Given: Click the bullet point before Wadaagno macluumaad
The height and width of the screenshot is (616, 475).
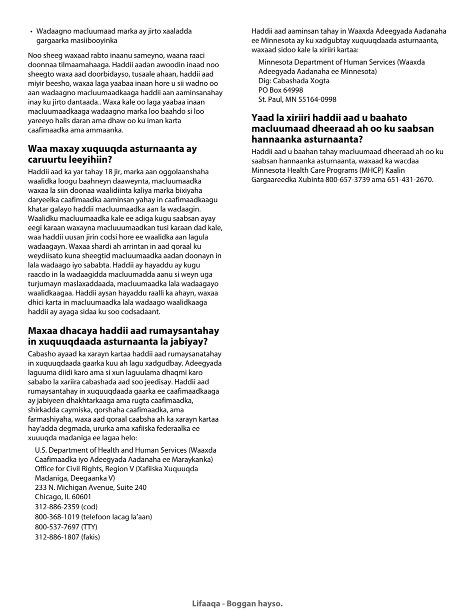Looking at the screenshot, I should tap(31, 32).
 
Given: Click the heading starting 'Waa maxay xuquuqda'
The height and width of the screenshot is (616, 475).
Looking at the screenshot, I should tap(112, 154).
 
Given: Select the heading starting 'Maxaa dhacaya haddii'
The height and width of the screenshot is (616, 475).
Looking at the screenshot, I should tap(123, 337).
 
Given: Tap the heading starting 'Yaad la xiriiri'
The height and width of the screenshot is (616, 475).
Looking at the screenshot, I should tap(342, 128).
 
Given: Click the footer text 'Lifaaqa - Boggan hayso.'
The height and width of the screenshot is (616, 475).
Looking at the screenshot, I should tap(237, 603).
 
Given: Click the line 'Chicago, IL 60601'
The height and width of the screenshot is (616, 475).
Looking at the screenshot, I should tap(63, 497).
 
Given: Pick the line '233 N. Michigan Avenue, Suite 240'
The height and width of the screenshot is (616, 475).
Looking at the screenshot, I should tap(90, 487).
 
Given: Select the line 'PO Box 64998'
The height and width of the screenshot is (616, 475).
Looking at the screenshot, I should tap(280, 90).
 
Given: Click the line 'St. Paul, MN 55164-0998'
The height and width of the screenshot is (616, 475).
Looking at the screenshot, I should tap(297, 100).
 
